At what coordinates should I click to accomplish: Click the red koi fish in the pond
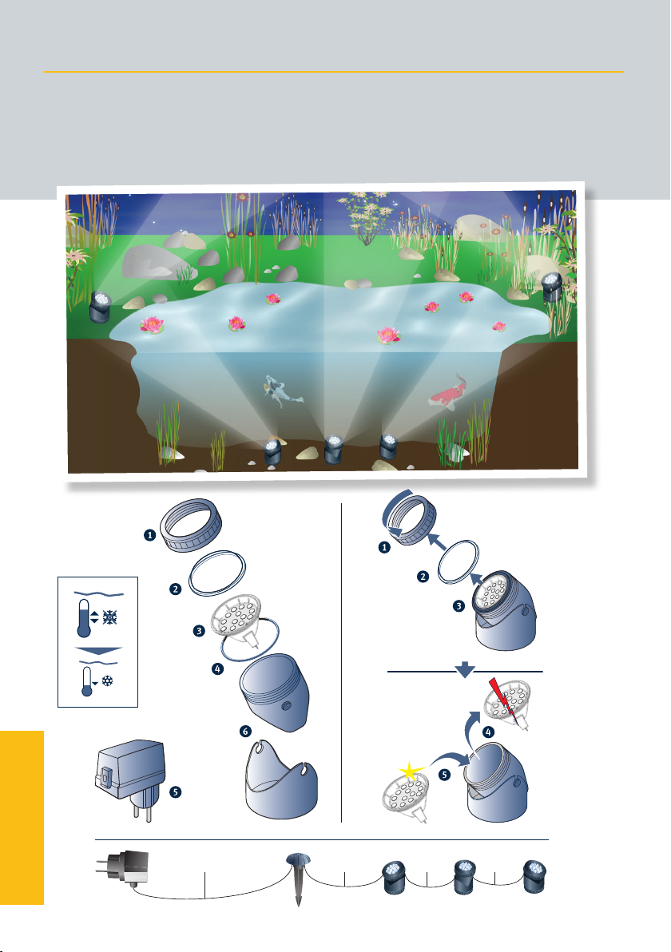[x=450, y=391]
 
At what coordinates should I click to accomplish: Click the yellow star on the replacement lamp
[x=411, y=772]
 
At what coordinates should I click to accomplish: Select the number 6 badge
[x=245, y=731]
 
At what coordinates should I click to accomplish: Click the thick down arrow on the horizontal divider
[x=465, y=669]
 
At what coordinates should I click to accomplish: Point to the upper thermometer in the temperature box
[x=84, y=618]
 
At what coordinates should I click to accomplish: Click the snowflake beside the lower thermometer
[x=108, y=680]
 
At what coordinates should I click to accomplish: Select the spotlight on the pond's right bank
[x=552, y=288]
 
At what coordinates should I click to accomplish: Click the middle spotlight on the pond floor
[x=333, y=449]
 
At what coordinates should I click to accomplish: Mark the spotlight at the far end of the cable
[x=535, y=877]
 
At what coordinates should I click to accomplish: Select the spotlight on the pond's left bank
[x=100, y=307]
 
